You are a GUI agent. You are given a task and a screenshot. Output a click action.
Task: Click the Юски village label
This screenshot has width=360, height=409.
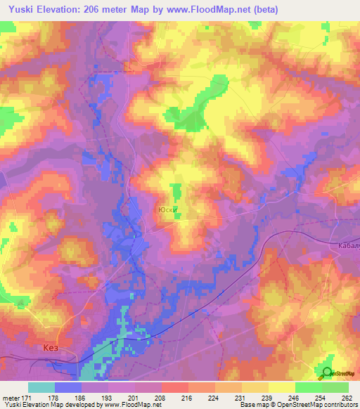(x=166, y=209)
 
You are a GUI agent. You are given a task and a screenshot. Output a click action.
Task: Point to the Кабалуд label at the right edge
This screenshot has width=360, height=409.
(x=345, y=244)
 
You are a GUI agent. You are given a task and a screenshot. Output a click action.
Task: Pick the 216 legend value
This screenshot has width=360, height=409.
(x=187, y=397)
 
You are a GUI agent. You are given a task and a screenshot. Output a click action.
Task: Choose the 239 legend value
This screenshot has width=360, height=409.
(x=266, y=397)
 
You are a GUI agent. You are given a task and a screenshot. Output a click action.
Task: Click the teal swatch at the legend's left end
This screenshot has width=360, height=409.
(x=41, y=387)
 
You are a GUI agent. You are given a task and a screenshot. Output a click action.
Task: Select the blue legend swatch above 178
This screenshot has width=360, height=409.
(x=68, y=387)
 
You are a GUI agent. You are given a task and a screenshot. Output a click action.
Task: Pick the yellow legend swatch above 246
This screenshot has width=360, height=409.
(x=282, y=387)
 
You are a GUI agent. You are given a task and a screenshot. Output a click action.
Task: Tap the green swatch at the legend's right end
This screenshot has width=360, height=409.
(x=335, y=387)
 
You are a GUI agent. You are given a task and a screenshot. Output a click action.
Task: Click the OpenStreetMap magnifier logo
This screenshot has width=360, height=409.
(x=328, y=372)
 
